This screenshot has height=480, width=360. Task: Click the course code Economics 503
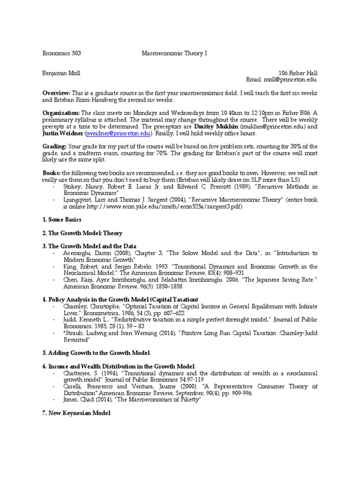61,54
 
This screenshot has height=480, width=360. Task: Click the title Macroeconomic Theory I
174,54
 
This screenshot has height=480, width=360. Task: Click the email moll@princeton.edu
291,80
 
